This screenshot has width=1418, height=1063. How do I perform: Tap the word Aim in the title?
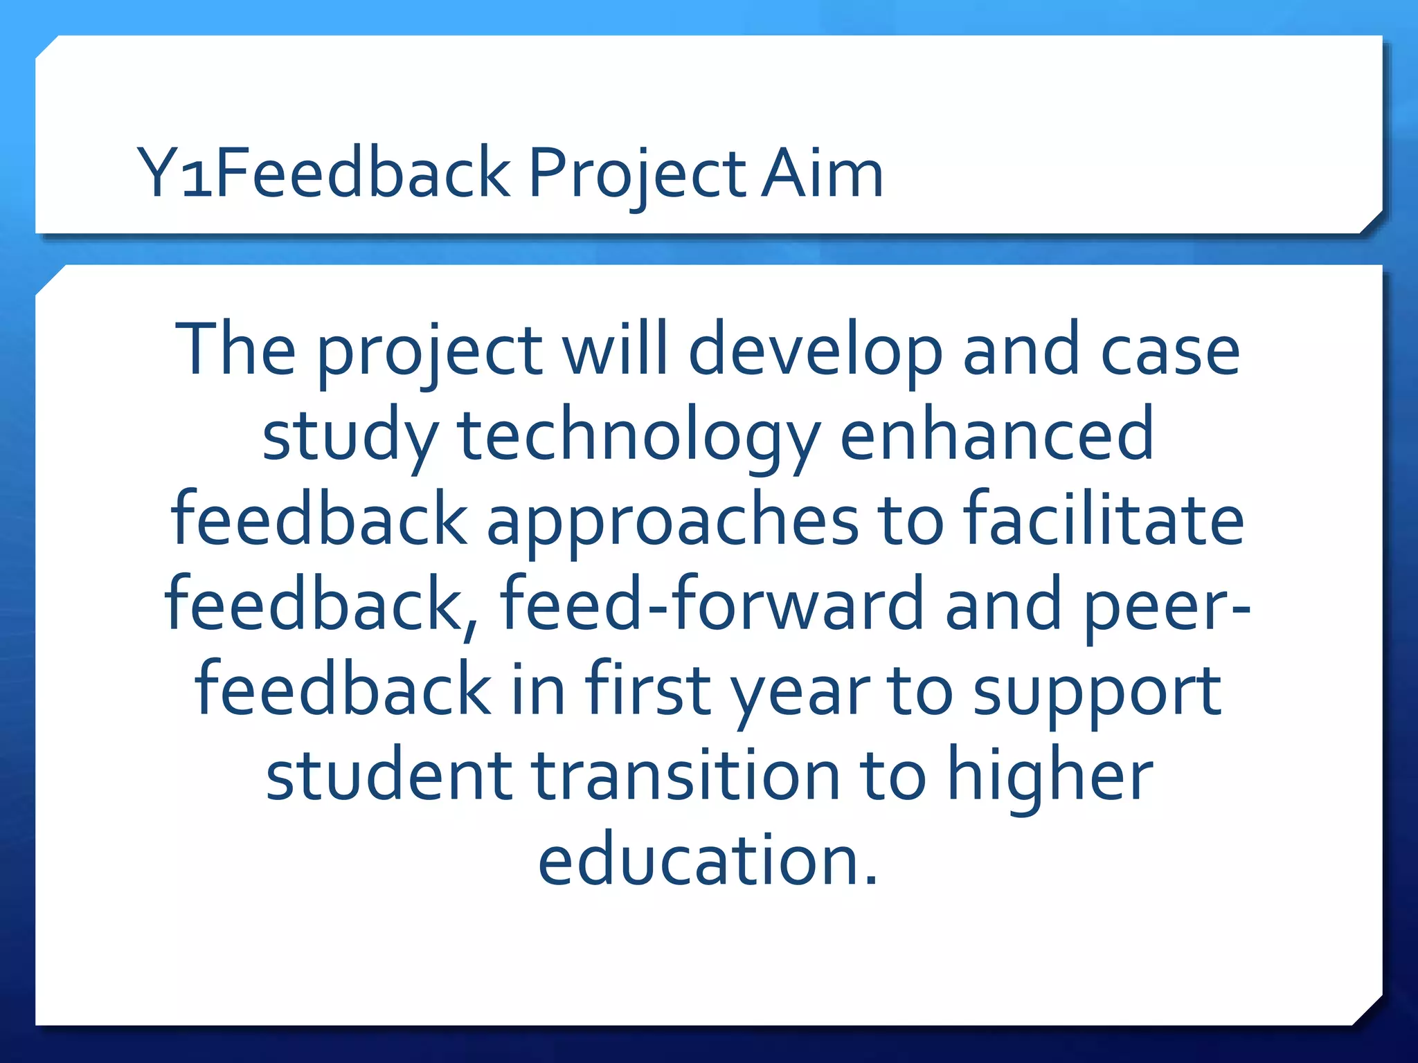pos(822,173)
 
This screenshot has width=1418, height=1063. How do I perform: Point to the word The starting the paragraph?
pos(235,349)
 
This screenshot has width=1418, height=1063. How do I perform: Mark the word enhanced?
pos(996,435)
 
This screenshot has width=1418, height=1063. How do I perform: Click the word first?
pos(648,689)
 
